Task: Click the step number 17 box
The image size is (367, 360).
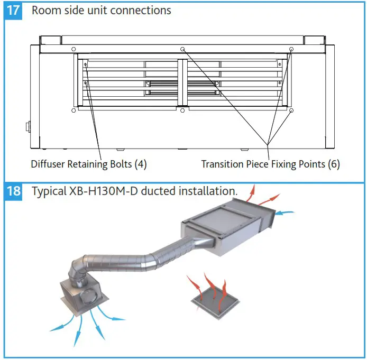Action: [13, 11]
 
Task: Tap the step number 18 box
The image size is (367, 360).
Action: [13, 191]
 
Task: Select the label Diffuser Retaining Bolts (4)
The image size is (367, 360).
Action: [88, 164]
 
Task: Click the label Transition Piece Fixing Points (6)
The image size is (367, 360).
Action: [270, 164]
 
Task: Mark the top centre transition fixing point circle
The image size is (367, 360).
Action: [182, 49]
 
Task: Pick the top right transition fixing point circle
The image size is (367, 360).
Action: [291, 49]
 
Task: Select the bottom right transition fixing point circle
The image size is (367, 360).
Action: [291, 110]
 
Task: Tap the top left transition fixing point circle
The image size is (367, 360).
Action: [74, 49]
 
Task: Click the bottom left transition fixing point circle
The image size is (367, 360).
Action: [74, 110]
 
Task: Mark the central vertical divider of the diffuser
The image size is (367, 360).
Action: [182, 82]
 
